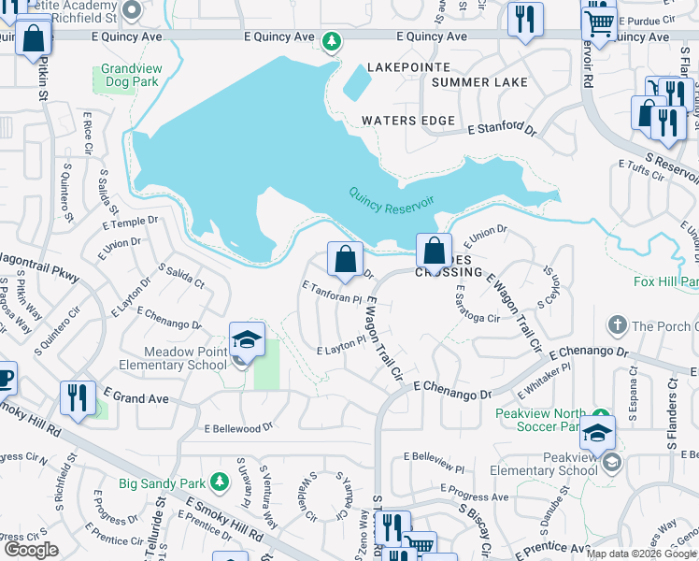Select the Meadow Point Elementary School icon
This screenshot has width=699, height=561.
(x=247, y=340)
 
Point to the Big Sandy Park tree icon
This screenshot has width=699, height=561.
(x=219, y=482)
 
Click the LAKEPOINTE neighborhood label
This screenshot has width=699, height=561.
(x=408, y=68)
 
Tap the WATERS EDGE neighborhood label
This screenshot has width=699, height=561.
(x=408, y=121)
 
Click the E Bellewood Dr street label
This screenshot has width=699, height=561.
(x=237, y=428)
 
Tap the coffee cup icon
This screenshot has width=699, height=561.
(x=5, y=378)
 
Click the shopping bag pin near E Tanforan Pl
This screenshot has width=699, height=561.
(x=345, y=258)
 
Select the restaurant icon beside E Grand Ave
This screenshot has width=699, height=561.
(x=77, y=396)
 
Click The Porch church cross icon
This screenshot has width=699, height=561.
(x=617, y=325)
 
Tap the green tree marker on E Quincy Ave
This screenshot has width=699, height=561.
(x=331, y=41)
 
